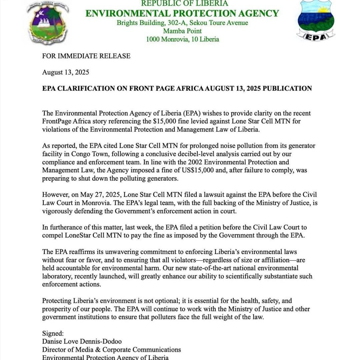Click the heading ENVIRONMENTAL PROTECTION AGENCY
182,13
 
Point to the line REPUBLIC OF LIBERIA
184,3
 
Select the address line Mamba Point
182,31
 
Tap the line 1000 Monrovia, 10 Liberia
182,39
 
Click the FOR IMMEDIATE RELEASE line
86,56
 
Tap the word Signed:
53,333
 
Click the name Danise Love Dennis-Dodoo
82,341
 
